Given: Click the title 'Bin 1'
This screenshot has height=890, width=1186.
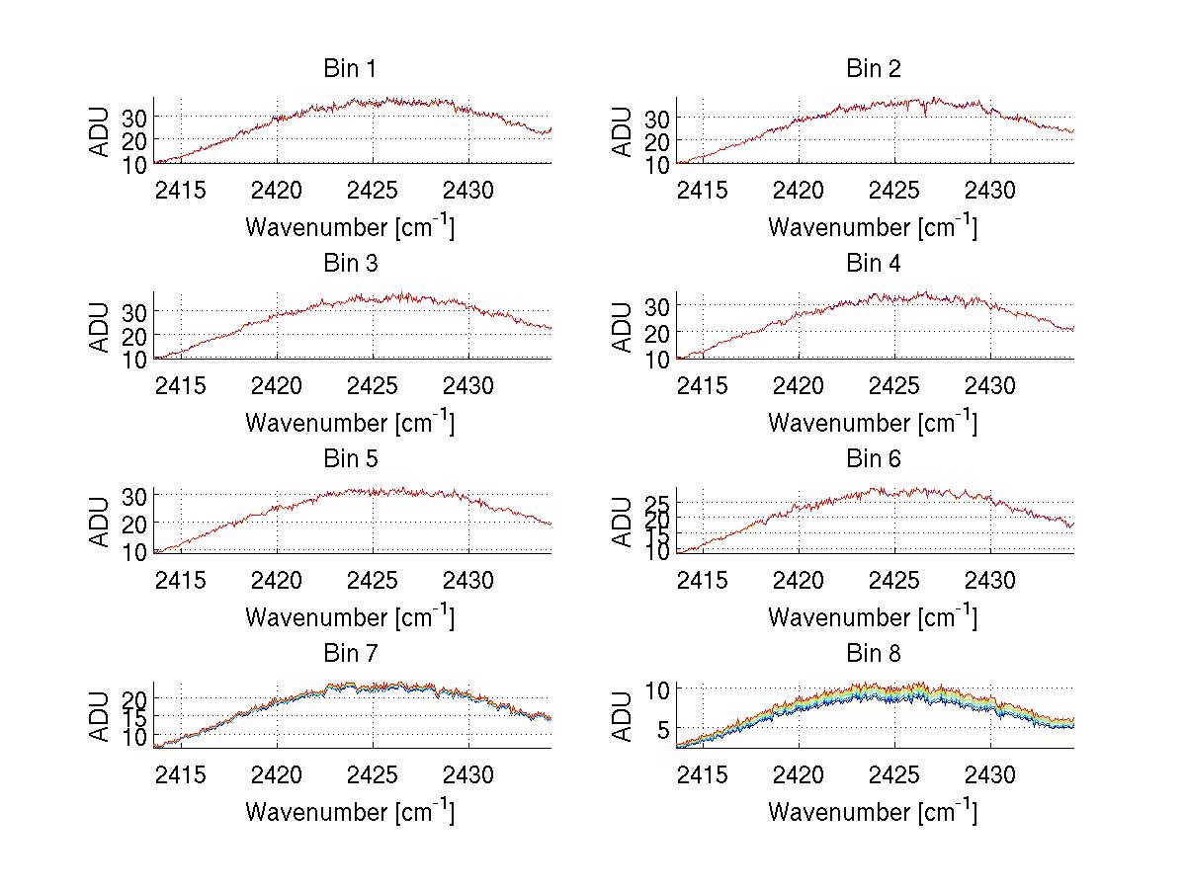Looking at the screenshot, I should [350, 69].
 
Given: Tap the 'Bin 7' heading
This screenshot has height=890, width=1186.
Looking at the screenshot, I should [350, 654].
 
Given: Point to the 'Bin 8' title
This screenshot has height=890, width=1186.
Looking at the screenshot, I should [873, 654].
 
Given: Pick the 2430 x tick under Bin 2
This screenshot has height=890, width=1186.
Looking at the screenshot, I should [990, 189].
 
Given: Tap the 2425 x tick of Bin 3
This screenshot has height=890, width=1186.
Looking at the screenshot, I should [374, 384].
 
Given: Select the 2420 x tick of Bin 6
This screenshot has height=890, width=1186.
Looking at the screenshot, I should [800, 579].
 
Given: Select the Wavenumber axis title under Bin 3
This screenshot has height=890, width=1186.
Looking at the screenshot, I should [350, 422].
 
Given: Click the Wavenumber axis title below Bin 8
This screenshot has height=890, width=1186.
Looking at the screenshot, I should [873, 811].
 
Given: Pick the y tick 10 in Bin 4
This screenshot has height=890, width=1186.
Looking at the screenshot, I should [659, 360].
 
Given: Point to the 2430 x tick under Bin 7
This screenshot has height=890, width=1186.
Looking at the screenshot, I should [468, 773].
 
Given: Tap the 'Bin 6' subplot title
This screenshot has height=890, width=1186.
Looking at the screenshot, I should [873, 459].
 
